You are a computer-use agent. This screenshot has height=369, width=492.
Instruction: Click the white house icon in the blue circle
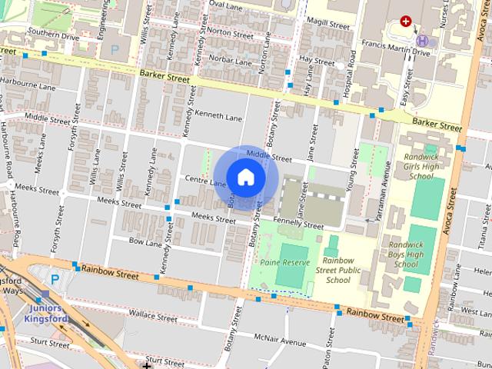(245, 177)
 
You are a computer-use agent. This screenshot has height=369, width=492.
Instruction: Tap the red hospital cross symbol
(405, 22)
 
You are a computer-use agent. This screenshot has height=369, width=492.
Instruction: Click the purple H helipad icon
(422, 40)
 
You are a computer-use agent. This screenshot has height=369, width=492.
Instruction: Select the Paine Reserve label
(284, 263)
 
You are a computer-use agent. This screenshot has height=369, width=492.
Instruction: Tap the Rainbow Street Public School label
(337, 270)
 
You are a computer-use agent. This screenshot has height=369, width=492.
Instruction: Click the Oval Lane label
(225, 5)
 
